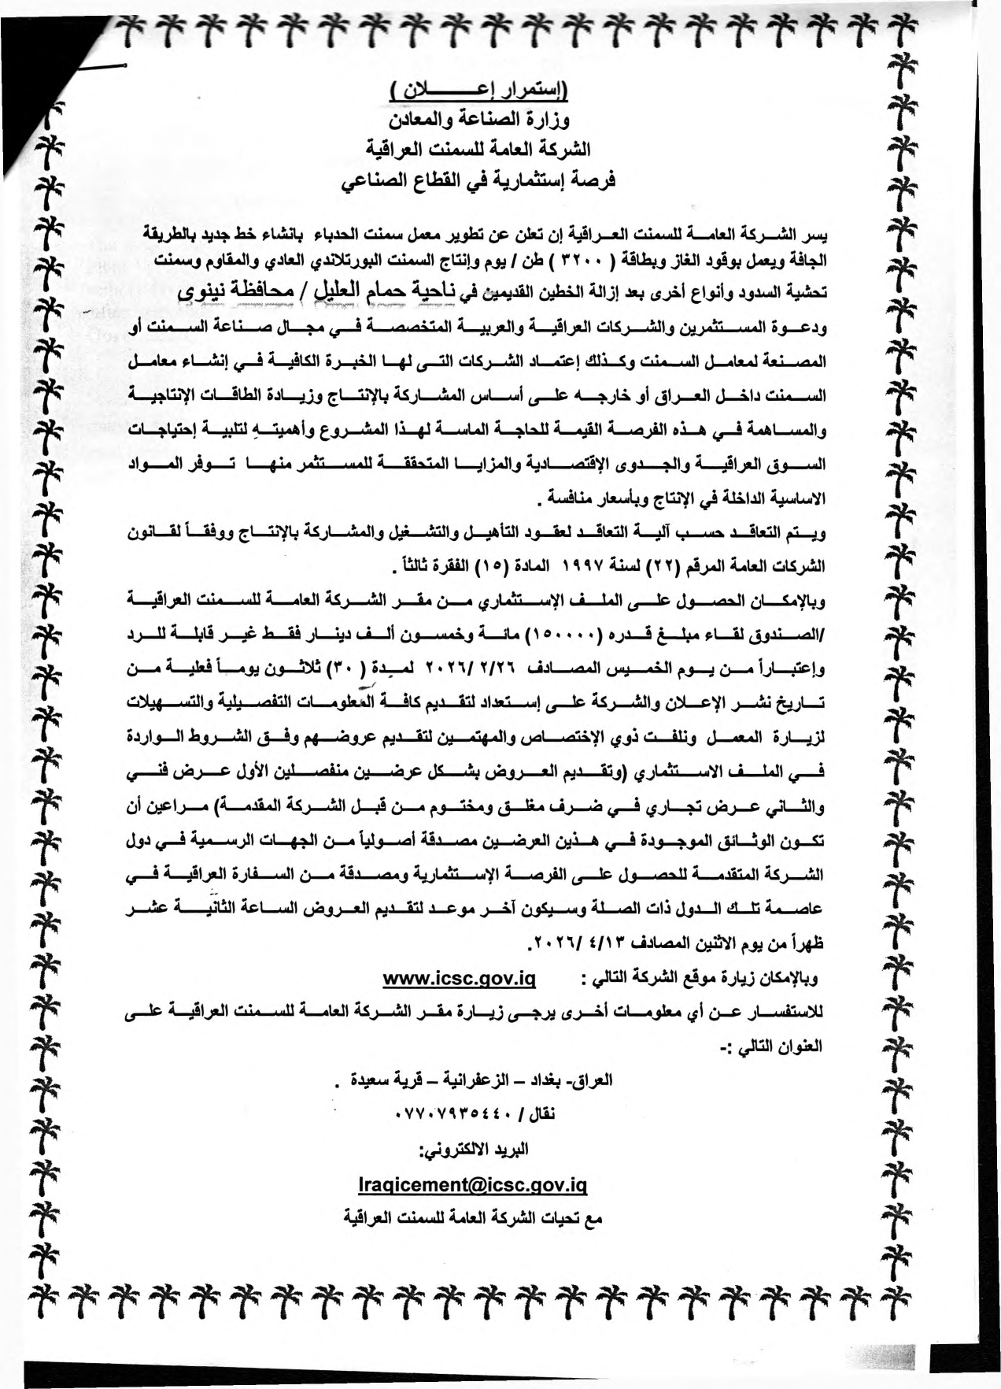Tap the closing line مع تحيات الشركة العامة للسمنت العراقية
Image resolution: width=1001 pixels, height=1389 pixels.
pos(474,1219)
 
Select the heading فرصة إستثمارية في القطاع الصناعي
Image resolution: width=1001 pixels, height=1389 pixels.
pos(479,180)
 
